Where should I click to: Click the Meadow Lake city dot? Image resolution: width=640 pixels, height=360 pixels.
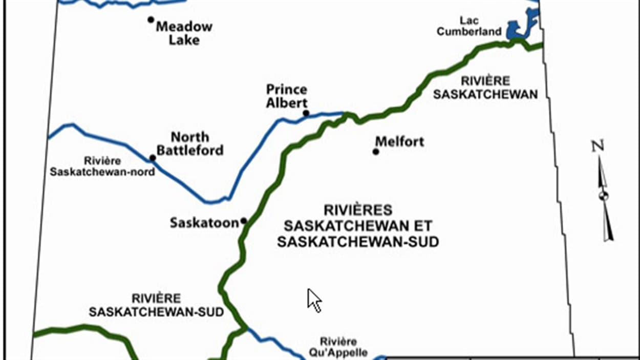coord(151,20)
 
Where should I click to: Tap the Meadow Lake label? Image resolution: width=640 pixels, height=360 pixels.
coord(184,33)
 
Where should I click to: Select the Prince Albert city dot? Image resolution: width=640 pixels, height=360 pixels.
coord(306,113)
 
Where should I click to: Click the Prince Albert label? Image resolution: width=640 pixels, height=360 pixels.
coord(287,96)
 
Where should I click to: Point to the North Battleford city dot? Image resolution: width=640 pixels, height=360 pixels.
coord(152,158)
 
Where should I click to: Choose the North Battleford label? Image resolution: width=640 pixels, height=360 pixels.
coord(190,144)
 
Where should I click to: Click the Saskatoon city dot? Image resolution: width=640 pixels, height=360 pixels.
coord(244,221)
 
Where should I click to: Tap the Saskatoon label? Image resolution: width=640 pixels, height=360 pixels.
coord(204,223)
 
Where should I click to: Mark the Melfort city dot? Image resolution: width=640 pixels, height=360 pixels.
coord(376,152)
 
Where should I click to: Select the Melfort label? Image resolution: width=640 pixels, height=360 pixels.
coord(400,141)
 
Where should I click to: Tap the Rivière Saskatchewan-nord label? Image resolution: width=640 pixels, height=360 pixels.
coord(102,167)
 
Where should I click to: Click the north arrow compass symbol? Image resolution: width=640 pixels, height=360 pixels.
coord(604,200)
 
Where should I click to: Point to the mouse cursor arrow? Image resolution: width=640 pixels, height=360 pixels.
coord(313,300)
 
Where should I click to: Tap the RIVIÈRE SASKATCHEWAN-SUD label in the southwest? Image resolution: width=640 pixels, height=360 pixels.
coord(156,305)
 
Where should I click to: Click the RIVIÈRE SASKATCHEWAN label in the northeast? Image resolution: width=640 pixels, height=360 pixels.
coord(485,88)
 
